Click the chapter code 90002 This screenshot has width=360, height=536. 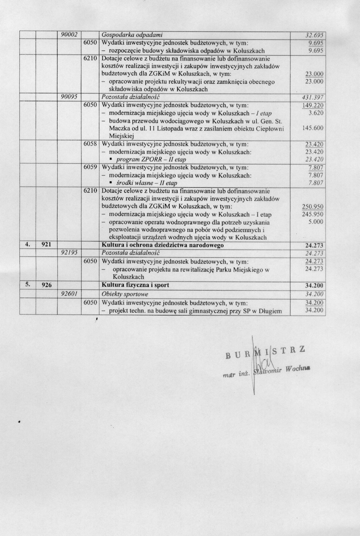click(70, 35)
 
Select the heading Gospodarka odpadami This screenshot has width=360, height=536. click(133, 35)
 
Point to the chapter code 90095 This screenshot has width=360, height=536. click(70, 97)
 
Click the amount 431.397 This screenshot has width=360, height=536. click(313, 97)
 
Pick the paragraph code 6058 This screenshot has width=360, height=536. click(90, 144)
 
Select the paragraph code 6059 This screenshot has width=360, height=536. click(90, 167)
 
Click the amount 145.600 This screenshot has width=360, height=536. click(313, 128)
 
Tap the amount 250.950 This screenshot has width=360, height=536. click(313, 206)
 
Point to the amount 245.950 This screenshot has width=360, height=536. click(313, 214)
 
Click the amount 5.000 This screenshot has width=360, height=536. click(315, 222)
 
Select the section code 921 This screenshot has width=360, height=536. click(46, 245)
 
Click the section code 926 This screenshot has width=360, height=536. click(46, 285)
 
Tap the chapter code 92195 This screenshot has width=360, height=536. click(70, 253)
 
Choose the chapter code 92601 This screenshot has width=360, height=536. click(70, 294)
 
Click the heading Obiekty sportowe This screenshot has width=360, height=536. click(125, 294)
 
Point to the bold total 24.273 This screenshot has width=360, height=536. click(314, 245)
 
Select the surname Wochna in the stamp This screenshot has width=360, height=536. click(297, 369)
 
